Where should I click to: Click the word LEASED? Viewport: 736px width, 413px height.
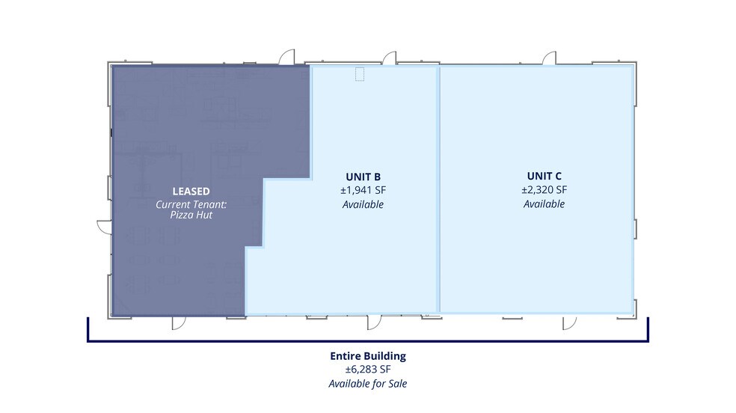tap(191, 192)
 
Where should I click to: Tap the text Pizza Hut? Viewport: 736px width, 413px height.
tap(191, 215)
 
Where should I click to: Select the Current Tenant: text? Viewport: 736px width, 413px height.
tap(191, 204)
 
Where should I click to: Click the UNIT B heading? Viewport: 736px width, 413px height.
tap(363, 177)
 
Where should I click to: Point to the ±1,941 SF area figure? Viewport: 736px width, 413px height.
tap(363, 190)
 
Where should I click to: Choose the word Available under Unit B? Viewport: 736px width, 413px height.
tap(363, 204)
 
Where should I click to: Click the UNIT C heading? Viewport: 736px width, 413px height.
tap(544, 176)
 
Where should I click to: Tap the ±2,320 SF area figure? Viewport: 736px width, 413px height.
tap(544, 189)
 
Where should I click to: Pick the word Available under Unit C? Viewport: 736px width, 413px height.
tap(544, 204)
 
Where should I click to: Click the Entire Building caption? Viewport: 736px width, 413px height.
tap(368, 355)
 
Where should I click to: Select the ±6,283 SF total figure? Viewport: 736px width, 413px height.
tap(368, 370)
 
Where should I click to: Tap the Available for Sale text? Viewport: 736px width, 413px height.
tap(368, 384)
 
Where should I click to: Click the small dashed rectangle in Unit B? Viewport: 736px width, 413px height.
tap(360, 74)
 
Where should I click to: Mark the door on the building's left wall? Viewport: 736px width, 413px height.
tap(105, 227)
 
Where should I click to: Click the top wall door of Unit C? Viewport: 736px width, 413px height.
tap(550, 58)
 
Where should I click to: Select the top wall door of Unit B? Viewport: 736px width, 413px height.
tap(390, 58)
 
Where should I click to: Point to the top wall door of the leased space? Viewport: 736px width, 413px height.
tap(286, 57)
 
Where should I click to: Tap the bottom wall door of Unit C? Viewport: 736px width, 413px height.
tap(569, 323)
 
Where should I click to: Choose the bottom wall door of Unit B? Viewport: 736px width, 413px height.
tap(375, 323)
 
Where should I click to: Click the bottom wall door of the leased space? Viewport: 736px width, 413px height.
tap(179, 323)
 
